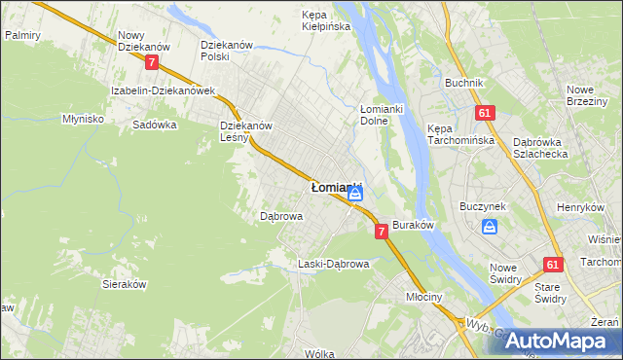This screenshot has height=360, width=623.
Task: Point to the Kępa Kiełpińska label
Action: pyautogui.click(x=325, y=21)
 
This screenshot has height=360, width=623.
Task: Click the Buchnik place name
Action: pyautogui.click(x=464, y=83)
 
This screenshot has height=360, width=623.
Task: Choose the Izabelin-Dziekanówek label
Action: pyautogui.click(x=163, y=90)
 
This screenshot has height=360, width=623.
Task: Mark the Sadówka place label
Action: pyautogui.click(x=155, y=126)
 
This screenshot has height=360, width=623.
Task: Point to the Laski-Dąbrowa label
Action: pyautogui.click(x=333, y=264)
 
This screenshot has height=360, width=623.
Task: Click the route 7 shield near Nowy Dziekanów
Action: pyautogui.click(x=151, y=62)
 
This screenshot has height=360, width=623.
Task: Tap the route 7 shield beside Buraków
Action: pyautogui.click(x=381, y=232)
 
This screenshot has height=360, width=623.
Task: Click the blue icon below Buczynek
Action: pyautogui.click(x=490, y=227)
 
